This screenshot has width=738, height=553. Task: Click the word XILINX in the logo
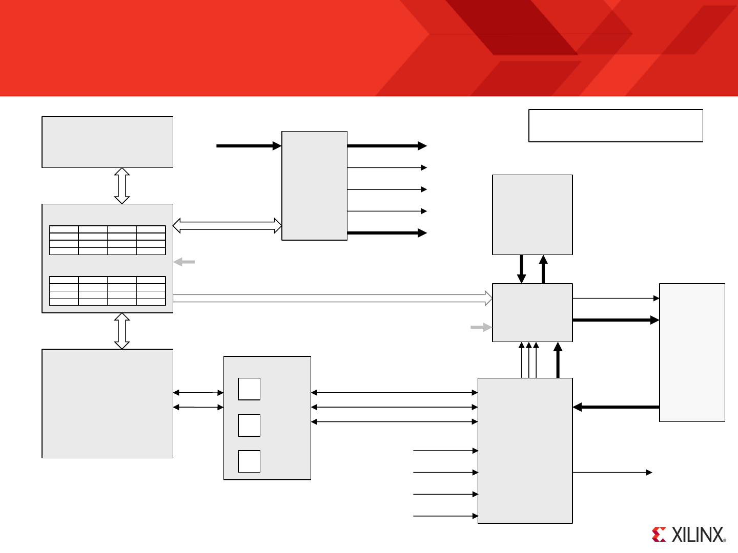click(698, 535)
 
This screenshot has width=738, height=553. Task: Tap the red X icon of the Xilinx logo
click(659, 535)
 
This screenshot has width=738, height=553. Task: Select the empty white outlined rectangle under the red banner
click(616, 125)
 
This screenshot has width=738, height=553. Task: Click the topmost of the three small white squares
click(249, 389)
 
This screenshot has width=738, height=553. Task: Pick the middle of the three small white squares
click(249, 426)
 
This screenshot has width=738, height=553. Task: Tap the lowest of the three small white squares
click(249, 461)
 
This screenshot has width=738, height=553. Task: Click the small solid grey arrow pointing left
click(184, 262)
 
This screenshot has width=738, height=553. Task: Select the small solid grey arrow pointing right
click(481, 327)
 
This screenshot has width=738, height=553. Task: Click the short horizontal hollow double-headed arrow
click(228, 225)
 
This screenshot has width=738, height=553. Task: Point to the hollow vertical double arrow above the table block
click(122, 186)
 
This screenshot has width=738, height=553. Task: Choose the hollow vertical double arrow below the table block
click(122, 331)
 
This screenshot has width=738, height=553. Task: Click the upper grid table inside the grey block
click(108, 240)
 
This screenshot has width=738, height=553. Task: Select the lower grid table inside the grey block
click(108, 291)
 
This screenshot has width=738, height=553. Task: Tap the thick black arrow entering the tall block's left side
click(249, 146)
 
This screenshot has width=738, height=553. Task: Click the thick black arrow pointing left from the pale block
click(616, 407)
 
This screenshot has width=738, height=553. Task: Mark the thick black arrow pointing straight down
click(522, 269)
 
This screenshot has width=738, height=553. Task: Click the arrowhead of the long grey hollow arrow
click(488, 298)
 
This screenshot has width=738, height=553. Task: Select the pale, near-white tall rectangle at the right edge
click(692, 352)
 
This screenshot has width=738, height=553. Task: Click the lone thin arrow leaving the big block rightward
click(612, 472)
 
